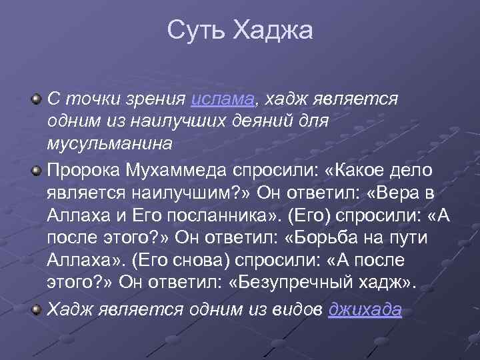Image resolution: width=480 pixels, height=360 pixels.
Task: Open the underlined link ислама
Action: [x=223, y=99]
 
